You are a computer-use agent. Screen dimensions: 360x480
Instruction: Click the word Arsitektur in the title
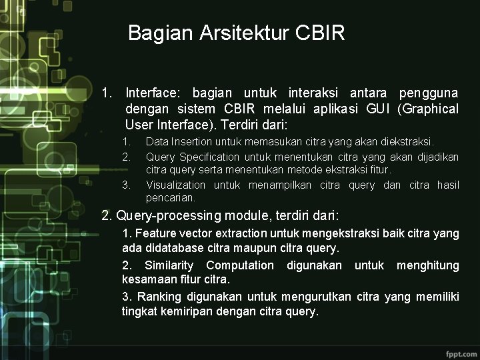243,33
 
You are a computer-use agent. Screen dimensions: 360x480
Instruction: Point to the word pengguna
429,93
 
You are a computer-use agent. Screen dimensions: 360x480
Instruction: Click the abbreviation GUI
377,109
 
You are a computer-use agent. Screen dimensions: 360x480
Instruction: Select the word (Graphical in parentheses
427,109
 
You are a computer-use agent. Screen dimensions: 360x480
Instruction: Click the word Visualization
175,185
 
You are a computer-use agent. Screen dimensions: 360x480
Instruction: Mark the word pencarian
170,198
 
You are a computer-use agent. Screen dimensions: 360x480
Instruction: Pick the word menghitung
427,265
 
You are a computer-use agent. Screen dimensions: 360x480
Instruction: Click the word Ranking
156,296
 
